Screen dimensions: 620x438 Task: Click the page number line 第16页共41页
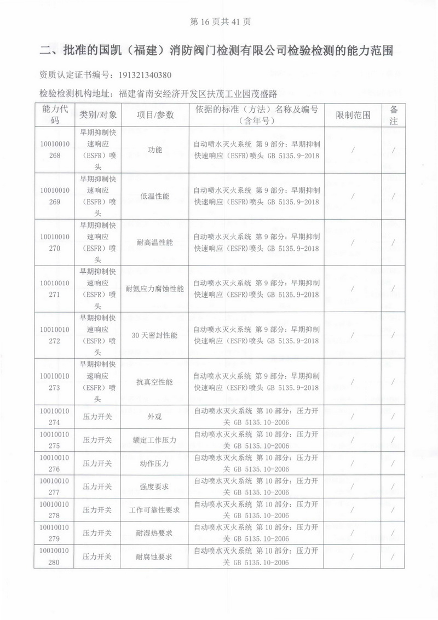click(x=219, y=22)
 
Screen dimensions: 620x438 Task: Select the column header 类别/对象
click(x=98, y=115)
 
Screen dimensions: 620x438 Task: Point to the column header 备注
click(x=393, y=115)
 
